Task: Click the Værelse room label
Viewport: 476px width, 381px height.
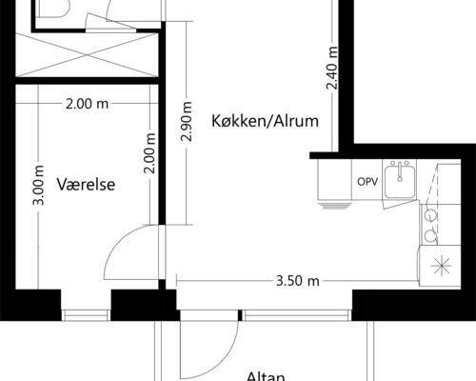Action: point(86,185)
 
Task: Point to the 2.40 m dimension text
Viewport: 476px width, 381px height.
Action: point(331,69)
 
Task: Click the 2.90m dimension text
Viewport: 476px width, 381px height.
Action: point(187,123)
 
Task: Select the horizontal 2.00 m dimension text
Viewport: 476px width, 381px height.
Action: point(86,105)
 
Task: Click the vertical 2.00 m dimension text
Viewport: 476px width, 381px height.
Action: point(149,152)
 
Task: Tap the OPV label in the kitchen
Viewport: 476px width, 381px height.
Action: point(366,181)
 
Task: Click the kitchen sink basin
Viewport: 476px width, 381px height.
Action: point(399,182)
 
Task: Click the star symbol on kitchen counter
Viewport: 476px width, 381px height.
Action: point(442,268)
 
